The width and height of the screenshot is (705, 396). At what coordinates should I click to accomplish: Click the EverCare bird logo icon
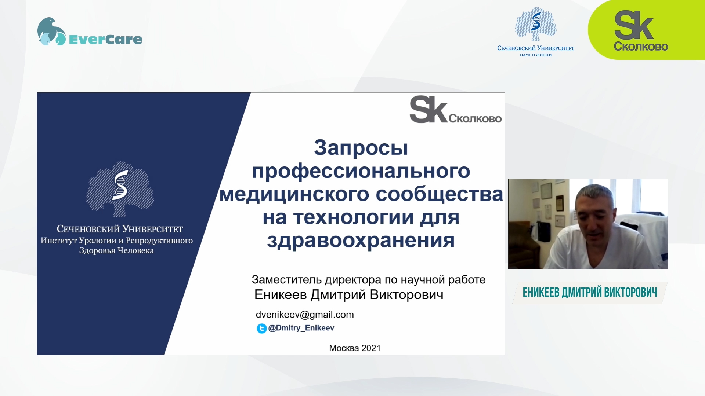(51, 32)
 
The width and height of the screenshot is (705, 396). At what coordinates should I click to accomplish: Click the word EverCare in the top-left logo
(105, 39)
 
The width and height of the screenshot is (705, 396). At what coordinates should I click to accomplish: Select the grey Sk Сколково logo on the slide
(455, 110)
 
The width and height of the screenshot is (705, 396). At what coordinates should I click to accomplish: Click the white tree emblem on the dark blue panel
(120, 189)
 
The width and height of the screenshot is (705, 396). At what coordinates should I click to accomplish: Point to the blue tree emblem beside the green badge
(536, 24)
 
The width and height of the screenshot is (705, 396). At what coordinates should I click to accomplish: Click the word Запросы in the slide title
(361, 147)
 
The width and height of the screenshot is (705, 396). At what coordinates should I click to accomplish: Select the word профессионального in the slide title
(361, 171)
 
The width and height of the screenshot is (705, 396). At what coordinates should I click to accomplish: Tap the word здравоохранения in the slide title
(361, 241)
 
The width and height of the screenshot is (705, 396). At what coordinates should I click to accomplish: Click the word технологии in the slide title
(354, 217)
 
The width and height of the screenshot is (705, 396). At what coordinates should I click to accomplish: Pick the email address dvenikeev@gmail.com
(305, 315)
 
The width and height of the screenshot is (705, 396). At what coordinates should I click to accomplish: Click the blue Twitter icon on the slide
(261, 328)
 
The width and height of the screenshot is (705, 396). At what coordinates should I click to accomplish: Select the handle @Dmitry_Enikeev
(301, 328)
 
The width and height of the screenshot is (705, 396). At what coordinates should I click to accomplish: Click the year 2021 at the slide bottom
(371, 348)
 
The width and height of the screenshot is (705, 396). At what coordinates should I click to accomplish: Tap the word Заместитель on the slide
(287, 280)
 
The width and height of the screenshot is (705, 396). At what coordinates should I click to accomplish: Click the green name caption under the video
(590, 292)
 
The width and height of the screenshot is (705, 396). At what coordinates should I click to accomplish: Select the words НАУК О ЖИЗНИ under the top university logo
(536, 55)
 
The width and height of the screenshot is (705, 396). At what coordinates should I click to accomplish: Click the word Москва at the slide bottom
(344, 348)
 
